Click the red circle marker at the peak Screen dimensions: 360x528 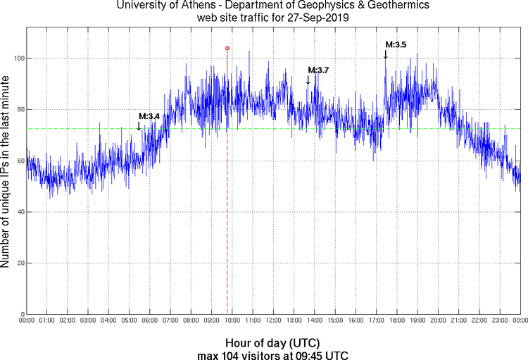(227, 48)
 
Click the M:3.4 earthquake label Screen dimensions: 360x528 (149, 116)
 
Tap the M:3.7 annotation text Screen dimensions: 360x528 (318, 70)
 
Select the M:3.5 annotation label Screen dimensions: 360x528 (396, 44)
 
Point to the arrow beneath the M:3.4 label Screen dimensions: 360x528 (139, 126)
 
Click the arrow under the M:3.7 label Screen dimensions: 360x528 (308, 80)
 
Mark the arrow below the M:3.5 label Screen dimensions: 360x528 (385, 54)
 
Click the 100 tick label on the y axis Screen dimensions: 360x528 (18, 58)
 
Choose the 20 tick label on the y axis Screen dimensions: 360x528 (20, 263)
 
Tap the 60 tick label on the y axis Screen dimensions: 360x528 (20, 161)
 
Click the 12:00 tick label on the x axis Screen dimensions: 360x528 (273, 321)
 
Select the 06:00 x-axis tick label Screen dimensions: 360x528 (150, 321)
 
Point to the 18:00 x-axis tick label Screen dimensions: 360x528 (396, 321)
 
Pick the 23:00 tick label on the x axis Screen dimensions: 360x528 (499, 321)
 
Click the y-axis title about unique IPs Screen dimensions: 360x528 (6, 173)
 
